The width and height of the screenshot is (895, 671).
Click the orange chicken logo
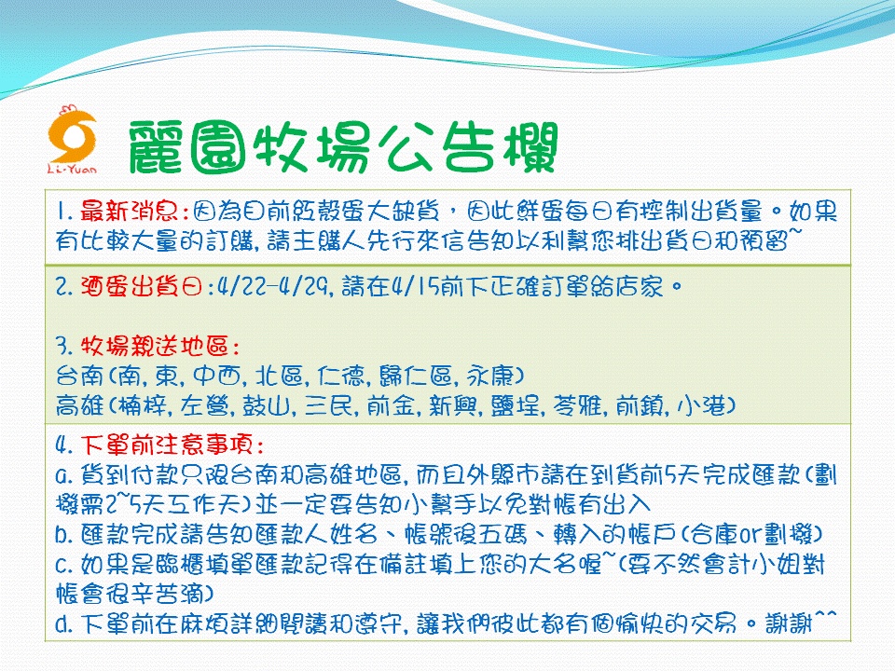[x=73, y=134]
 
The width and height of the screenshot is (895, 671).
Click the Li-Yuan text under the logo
[x=72, y=169]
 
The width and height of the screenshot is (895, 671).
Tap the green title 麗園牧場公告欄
[x=342, y=147]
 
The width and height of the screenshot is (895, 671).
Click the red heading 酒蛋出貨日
[x=142, y=286]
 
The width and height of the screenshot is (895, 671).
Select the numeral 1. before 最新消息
[x=64, y=212]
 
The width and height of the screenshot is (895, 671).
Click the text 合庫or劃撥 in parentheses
[x=749, y=535]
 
